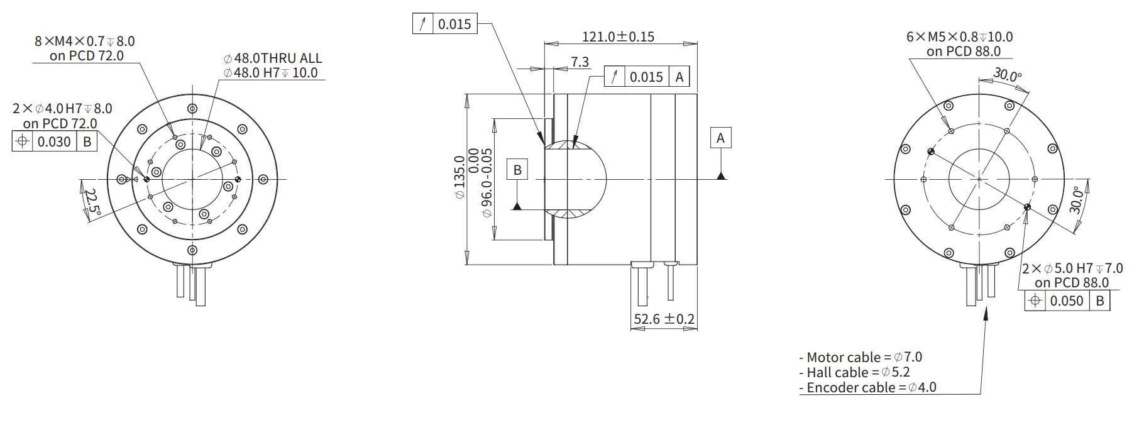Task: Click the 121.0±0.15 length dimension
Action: tap(618, 37)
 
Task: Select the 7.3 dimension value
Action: tap(580, 62)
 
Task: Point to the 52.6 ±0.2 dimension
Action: tap(664, 319)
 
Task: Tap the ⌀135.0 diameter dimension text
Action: tap(459, 177)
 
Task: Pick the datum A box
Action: tap(720, 138)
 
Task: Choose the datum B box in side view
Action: tap(517, 170)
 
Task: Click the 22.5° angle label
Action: tap(92, 202)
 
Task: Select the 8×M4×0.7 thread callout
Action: tap(84, 41)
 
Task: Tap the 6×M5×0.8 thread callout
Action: tap(959, 37)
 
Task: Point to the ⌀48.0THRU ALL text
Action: tap(273, 58)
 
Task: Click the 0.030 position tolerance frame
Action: tap(55, 141)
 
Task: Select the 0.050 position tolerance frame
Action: tap(1067, 301)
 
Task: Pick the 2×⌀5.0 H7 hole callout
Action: tap(1072, 268)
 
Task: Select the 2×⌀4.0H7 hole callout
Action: tap(62, 109)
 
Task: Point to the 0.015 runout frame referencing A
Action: tap(647, 77)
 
